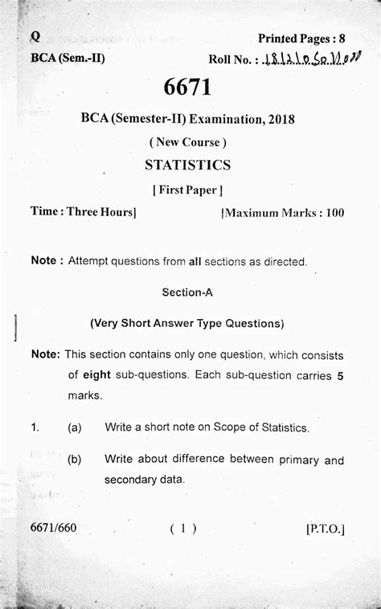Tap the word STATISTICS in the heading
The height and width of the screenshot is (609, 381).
tap(187, 165)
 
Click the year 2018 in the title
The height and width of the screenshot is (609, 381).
tap(278, 119)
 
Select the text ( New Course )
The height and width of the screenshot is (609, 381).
tap(187, 142)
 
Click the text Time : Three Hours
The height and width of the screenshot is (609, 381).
tap(84, 212)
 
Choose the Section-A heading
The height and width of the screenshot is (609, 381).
tap(187, 292)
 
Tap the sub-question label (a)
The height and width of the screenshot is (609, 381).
tap(75, 428)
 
